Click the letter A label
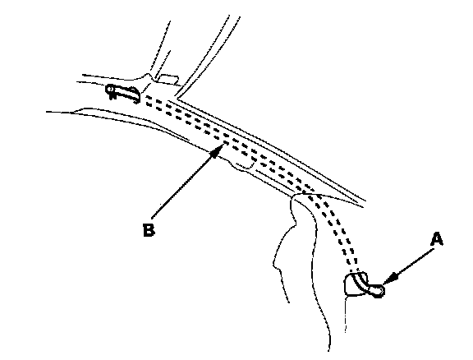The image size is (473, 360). point(437,239)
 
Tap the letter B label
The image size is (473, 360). point(149,230)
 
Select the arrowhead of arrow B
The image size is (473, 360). point(219,150)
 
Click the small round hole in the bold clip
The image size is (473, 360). point(110,90)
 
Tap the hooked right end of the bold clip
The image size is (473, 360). point(136,95)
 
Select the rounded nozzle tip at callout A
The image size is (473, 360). point(378,291)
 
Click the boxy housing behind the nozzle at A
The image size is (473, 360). point(356,284)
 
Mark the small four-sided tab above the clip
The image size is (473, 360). point(168,79)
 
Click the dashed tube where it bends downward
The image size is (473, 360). point(314,196)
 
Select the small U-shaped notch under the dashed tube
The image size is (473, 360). point(246,165)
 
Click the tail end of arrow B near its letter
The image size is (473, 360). point(152,217)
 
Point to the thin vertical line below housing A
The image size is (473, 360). point(346,314)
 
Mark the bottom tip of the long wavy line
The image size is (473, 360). point(328,350)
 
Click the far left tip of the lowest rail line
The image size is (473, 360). point(47,112)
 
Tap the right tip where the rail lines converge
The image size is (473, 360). point(365,201)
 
